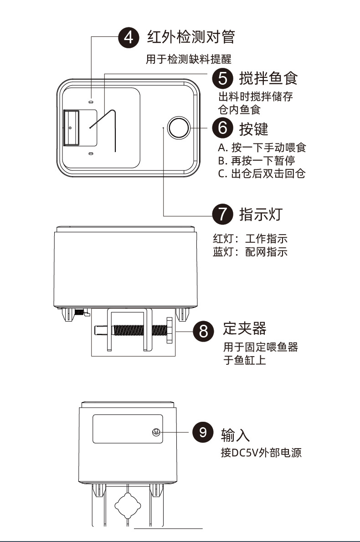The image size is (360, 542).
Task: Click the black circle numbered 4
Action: tap(129, 37)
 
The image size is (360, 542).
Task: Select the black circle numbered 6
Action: tap(223, 128)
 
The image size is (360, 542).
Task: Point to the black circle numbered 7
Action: tap(223, 214)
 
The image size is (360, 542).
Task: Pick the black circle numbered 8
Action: tap(203, 330)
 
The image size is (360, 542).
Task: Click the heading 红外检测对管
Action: tap(191, 37)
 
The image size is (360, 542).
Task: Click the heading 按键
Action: tap(253, 128)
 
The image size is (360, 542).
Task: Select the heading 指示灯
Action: tap(261, 214)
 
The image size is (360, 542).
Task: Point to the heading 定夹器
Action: tap(245, 328)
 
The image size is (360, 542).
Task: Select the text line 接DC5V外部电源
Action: tap(261, 453)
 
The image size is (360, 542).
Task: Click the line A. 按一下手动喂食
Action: tap(262, 148)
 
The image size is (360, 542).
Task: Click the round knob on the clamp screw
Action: tap(170, 330)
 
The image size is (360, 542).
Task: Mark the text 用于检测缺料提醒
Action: tap(189, 60)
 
